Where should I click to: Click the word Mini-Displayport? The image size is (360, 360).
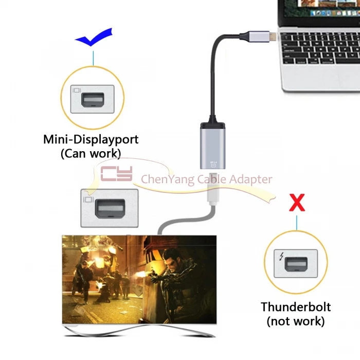pyautogui.click(x=91, y=139)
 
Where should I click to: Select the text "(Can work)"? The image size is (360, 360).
pyautogui.click(x=91, y=153)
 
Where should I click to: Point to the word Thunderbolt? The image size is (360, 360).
pyautogui.click(x=296, y=308)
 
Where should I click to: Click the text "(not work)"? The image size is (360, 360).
pyautogui.click(x=296, y=322)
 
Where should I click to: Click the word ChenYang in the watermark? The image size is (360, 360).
pyautogui.click(x=162, y=179)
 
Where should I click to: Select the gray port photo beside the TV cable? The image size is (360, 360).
pyautogui.click(x=109, y=208)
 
